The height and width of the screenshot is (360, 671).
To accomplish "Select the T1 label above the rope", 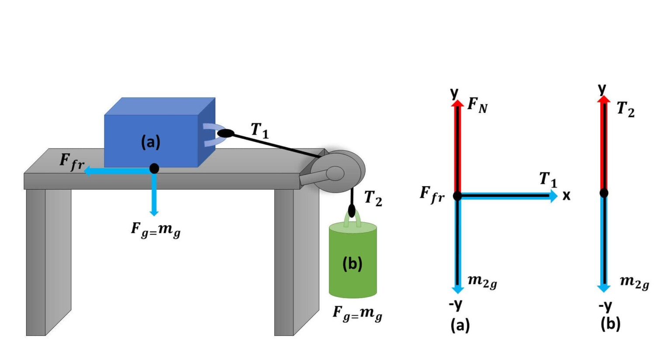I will click(x=259, y=130).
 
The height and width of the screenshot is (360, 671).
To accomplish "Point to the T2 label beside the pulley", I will click(x=373, y=198).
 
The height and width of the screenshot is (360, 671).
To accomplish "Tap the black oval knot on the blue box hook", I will click(x=225, y=133).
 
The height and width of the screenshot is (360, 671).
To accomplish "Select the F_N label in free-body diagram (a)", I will click(x=477, y=105).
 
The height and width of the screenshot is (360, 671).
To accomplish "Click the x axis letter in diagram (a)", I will click(x=567, y=195).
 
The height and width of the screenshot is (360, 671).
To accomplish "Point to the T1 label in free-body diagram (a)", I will click(x=548, y=179).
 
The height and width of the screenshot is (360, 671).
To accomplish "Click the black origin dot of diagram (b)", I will click(x=604, y=193).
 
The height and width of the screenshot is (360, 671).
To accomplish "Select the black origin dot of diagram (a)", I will click(x=457, y=196).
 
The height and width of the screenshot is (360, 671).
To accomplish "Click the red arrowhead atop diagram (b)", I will click(x=604, y=100).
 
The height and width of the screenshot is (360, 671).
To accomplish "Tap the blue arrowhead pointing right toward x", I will click(x=553, y=196).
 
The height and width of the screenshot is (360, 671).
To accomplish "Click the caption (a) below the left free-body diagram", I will click(x=460, y=325).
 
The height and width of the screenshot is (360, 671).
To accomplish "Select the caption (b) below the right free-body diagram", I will click(x=610, y=324).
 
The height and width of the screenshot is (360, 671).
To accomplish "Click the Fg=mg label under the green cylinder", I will click(x=357, y=313).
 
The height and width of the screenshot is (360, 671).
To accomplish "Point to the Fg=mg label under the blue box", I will click(x=156, y=229).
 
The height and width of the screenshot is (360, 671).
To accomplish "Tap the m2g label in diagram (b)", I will click(x=634, y=282).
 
